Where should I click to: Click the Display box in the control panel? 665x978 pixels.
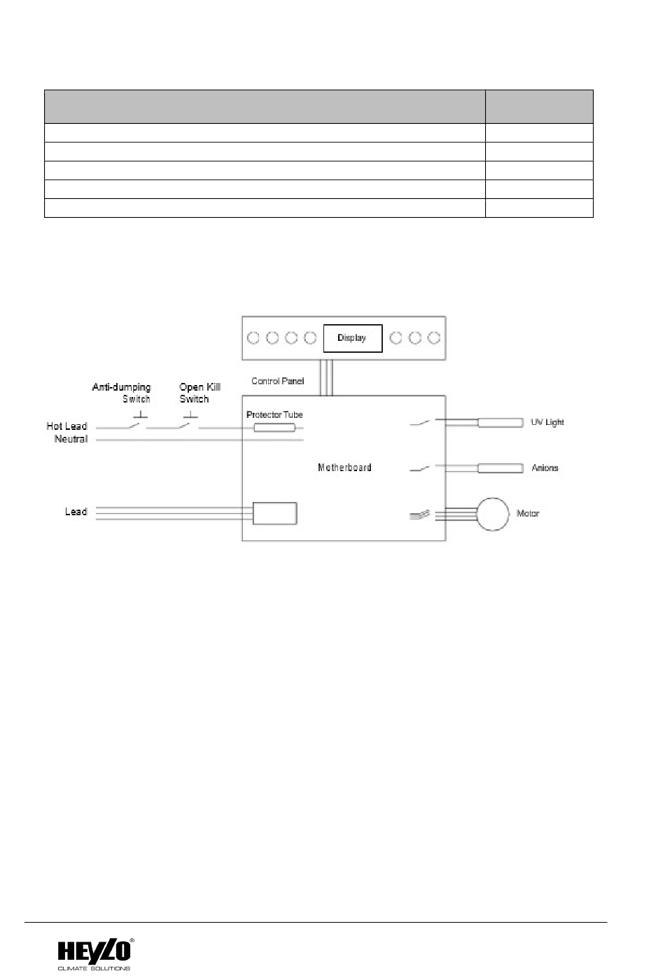click(352, 338)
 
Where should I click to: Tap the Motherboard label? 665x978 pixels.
click(344, 468)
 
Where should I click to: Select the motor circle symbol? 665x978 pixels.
click(493, 514)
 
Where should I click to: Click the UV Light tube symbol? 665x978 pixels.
click(500, 423)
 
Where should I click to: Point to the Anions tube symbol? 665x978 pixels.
click(500, 468)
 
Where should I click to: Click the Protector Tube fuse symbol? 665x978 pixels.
click(274, 427)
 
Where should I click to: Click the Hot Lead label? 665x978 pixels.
click(66, 426)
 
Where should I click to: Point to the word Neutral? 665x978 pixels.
click(71, 439)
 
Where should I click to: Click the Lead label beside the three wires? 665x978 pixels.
click(76, 512)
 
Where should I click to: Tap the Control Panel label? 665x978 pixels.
click(278, 382)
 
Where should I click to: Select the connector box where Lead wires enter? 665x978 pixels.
click(274, 513)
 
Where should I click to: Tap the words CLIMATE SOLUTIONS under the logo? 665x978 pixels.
click(94, 969)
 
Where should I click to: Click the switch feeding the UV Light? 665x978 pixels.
click(420, 423)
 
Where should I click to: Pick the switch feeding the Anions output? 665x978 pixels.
click(420, 468)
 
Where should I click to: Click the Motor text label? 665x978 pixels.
click(528, 514)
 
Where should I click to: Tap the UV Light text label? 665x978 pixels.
click(547, 423)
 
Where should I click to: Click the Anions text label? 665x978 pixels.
click(545, 468)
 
